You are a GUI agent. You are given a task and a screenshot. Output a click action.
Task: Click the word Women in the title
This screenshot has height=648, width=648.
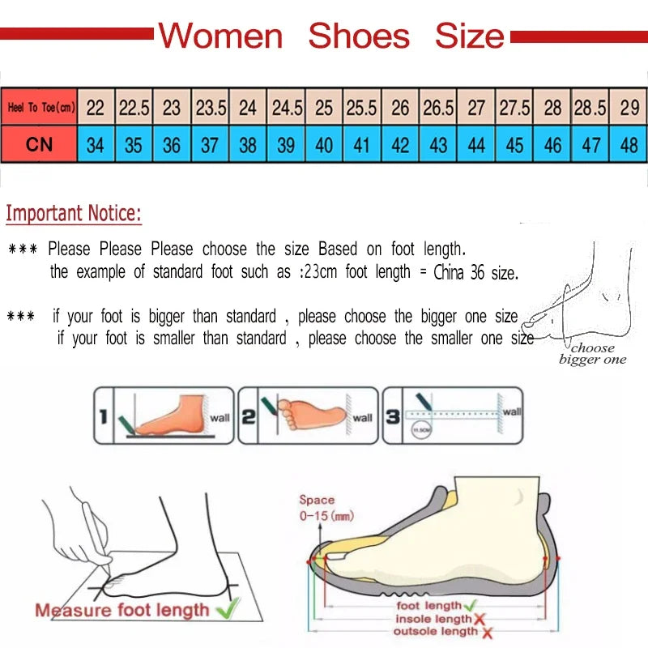point(220,36)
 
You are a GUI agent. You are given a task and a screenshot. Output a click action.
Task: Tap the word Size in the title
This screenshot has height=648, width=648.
point(470,36)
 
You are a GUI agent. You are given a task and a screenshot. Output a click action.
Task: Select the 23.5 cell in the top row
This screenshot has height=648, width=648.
point(211,108)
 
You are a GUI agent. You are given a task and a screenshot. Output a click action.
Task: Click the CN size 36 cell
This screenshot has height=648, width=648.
point(172,146)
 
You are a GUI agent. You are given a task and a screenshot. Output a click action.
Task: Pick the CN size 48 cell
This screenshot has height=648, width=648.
point(629,146)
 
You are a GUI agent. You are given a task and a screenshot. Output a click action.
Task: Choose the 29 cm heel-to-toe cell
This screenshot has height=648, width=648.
point(629,108)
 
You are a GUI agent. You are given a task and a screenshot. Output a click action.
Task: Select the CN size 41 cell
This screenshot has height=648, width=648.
point(362,146)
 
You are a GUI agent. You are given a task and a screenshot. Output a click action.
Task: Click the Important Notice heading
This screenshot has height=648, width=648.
point(74,214)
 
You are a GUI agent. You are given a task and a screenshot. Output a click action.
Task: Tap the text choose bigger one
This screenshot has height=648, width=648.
point(592,354)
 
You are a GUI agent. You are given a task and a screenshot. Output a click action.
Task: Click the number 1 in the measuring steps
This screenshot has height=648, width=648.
point(104,417)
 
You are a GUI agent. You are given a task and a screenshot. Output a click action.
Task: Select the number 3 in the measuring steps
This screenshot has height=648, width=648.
point(393,417)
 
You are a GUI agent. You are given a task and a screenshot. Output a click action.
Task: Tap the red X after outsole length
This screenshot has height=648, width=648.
point(488,632)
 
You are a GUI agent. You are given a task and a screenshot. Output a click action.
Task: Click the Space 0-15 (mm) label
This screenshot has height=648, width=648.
point(326,508)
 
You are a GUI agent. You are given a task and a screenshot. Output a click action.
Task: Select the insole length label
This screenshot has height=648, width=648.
point(432,619)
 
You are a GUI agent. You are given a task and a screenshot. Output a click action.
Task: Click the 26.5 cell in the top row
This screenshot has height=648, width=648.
point(438,108)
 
